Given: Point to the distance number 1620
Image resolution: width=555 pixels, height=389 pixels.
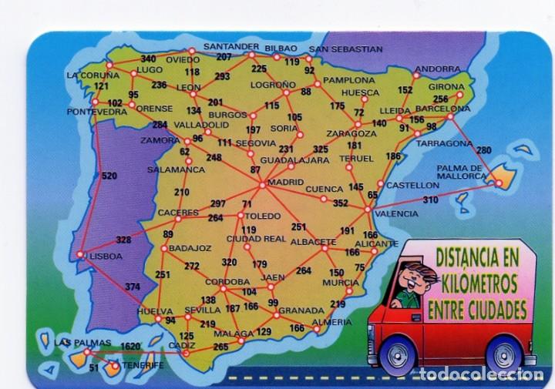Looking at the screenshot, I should [132, 346].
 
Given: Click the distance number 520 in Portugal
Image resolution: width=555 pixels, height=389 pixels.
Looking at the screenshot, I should [109, 176].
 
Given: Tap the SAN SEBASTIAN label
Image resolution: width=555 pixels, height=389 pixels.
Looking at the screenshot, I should [351, 49].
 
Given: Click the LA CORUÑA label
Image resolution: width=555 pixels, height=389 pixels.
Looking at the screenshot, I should [92, 75].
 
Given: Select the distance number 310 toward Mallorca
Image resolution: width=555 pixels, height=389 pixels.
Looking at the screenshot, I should [429, 200].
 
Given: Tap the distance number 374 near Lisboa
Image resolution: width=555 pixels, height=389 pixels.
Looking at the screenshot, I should [133, 287].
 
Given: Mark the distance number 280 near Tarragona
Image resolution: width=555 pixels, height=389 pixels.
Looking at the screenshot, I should [483, 149].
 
